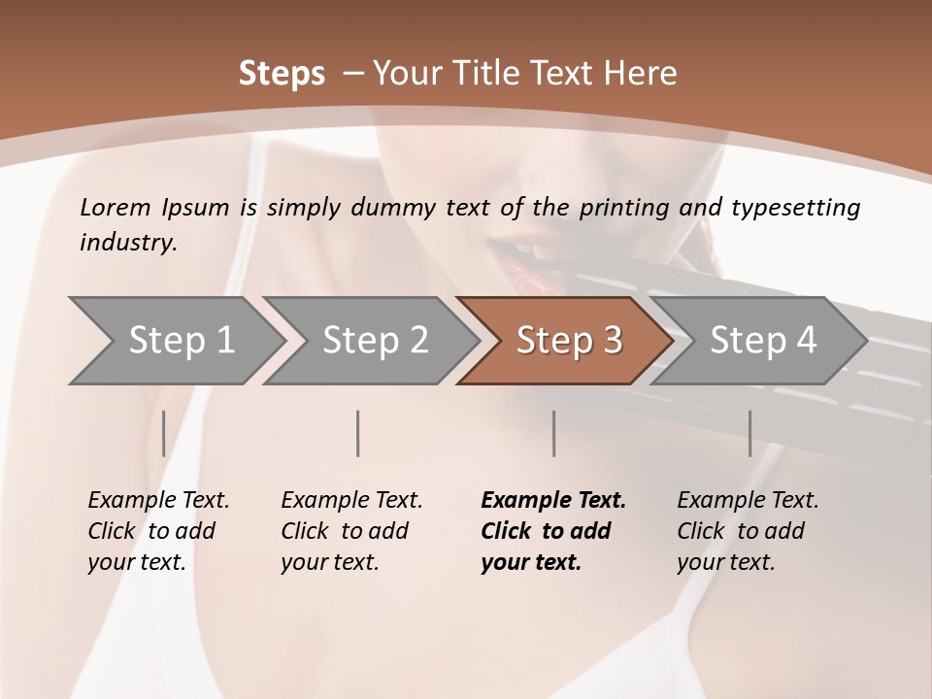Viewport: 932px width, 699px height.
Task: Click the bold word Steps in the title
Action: pyautogui.click(x=282, y=74)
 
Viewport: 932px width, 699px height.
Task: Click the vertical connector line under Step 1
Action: pyautogui.click(x=164, y=433)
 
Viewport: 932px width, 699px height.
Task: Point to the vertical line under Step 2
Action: pyautogui.click(x=358, y=433)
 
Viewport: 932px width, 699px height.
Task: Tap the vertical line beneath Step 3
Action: pyautogui.click(x=554, y=433)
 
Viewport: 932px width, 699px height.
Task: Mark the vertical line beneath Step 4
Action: pyautogui.click(x=749, y=433)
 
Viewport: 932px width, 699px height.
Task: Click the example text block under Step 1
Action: pyautogui.click(x=158, y=531)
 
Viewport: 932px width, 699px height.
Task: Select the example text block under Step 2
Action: pyautogui.click(x=351, y=531)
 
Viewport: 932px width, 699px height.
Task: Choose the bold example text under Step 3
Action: pyautogui.click(x=552, y=531)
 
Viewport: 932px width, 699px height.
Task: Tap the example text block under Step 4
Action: pyautogui.click(x=748, y=531)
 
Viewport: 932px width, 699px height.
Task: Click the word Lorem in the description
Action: pyautogui.click(x=116, y=207)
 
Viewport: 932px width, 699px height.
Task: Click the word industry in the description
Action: pyautogui.click(x=126, y=243)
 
